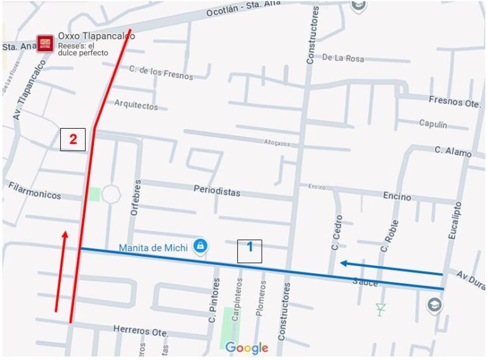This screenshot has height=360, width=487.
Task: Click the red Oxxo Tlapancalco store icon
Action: (45, 43)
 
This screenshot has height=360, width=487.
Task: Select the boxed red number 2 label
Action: (73, 139)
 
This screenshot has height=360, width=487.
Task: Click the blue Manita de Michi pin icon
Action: (200, 245)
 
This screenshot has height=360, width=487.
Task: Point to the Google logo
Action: (247, 348)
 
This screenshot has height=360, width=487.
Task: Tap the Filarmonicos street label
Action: (35, 191)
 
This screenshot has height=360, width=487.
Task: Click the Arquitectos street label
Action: (136, 106)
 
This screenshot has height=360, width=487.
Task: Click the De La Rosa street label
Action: (343, 58)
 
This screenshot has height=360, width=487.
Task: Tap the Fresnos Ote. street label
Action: (454, 101)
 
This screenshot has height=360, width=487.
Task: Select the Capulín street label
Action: (432, 124)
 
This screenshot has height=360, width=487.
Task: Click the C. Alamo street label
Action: (453, 151)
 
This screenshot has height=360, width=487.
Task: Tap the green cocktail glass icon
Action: (380, 309)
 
